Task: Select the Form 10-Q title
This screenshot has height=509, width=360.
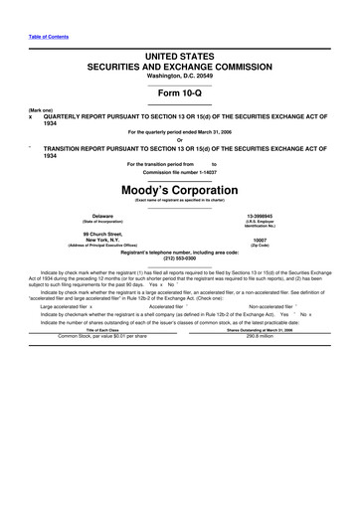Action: point(179,95)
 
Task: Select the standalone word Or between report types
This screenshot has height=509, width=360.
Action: point(179,138)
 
